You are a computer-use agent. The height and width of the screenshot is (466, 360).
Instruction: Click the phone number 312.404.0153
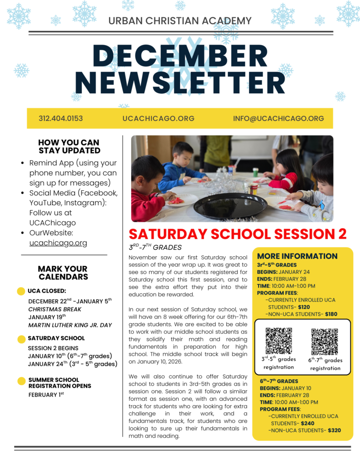click(x=61, y=118)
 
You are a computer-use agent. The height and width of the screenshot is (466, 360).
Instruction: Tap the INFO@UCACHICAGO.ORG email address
click(x=279, y=118)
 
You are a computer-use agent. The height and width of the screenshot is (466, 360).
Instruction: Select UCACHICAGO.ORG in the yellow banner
click(x=158, y=118)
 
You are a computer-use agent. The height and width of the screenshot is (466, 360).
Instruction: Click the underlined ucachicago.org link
click(x=58, y=243)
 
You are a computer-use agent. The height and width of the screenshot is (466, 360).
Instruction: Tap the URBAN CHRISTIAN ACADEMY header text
click(x=180, y=20)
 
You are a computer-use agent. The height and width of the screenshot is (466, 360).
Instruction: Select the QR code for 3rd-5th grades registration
click(x=279, y=341)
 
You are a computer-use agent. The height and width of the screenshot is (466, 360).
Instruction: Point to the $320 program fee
click(x=334, y=430)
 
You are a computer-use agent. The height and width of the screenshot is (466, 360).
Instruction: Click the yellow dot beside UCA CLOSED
click(x=20, y=291)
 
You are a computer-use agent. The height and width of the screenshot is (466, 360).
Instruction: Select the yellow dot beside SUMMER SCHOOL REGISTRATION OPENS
click(x=21, y=381)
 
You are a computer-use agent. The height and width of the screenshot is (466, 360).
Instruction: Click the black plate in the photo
click(x=230, y=207)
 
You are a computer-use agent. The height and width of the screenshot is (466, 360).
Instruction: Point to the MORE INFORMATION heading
click(x=297, y=256)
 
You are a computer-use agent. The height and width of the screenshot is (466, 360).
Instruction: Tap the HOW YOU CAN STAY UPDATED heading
click(x=69, y=147)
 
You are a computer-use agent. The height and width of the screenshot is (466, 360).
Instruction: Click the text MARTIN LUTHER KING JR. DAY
click(x=70, y=325)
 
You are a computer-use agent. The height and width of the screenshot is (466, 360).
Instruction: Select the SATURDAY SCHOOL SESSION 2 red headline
click(x=238, y=234)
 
